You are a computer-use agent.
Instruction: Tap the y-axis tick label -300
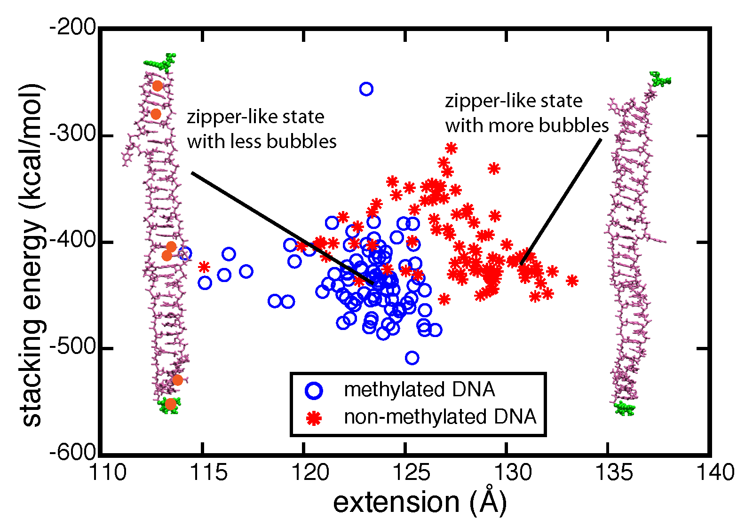coord(73,135)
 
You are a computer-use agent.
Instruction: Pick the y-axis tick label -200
coord(73,28)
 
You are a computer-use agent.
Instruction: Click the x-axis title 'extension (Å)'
coord(420,502)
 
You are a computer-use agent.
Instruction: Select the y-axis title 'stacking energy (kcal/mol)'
coord(32,255)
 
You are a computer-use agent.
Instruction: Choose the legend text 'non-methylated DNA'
coord(440,417)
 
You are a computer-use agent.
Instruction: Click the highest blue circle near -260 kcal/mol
coord(366,89)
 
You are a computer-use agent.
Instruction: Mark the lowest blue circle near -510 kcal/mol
coord(412,358)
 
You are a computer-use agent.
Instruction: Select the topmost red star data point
coord(452,149)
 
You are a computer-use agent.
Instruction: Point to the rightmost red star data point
coord(572,281)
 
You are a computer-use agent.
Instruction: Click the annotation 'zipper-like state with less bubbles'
coord(262,129)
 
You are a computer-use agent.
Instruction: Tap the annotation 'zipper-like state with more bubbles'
coord(527,113)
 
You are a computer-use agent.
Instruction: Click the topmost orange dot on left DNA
coord(158,86)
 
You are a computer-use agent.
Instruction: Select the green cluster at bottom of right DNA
coord(625,408)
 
